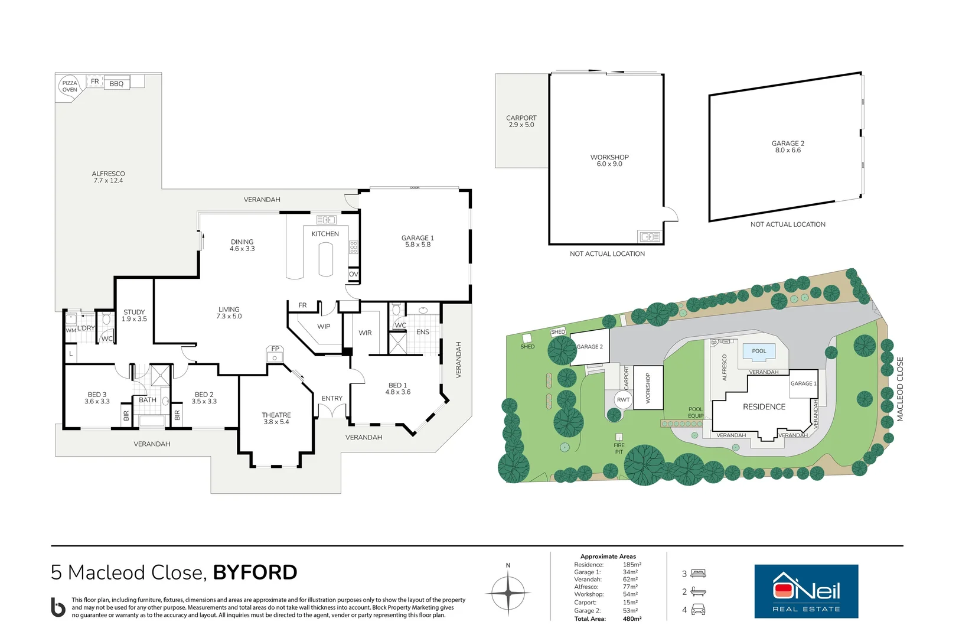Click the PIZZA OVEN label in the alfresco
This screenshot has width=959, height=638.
point(70,86)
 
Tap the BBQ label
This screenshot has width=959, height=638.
point(116,84)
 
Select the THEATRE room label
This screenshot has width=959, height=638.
point(276,415)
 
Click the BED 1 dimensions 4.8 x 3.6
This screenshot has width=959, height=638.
point(397,392)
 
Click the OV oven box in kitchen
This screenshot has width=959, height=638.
point(353,274)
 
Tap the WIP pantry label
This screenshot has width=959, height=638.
point(324,327)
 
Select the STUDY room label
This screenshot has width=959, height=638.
point(134,312)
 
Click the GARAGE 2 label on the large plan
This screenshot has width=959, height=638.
point(788,144)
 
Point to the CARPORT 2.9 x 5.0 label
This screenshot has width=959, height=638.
point(521,122)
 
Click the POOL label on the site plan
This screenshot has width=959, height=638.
point(759,351)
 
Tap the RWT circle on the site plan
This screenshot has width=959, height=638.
point(623,400)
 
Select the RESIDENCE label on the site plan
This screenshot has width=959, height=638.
point(764,407)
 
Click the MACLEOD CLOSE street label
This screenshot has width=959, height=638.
point(900,389)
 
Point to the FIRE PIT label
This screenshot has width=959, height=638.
point(618,448)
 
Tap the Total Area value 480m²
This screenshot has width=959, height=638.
point(632,619)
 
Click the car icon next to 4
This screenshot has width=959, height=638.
point(698,610)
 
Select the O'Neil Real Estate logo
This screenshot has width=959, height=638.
point(806,591)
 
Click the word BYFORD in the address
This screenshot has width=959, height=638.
point(255,572)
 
